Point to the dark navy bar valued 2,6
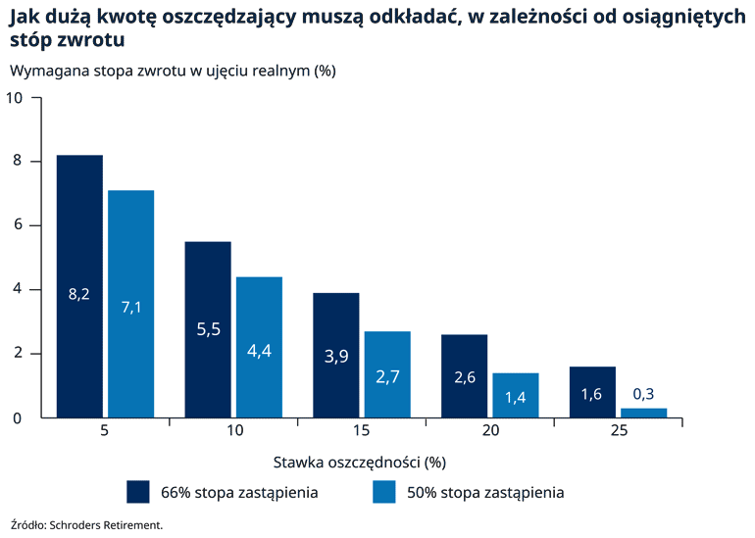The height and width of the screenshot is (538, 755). click(x=464, y=376)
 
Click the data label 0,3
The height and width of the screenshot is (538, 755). click(x=643, y=394)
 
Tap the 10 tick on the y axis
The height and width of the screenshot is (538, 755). click(x=14, y=98)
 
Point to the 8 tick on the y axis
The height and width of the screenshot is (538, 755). click(x=17, y=162)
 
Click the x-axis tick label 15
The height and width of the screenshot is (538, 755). click(x=362, y=431)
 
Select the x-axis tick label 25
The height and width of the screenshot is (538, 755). click(x=618, y=431)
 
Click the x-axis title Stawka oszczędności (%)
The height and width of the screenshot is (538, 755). click(x=359, y=461)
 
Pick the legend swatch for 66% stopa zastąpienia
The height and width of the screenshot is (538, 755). click(x=138, y=492)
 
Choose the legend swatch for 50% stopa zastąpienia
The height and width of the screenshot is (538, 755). click(x=385, y=492)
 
